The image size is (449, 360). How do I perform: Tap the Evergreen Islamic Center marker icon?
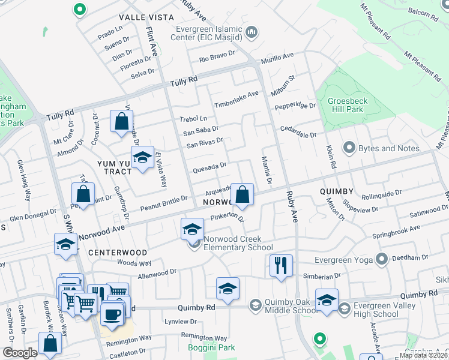[253, 32]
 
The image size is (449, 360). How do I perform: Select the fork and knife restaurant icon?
[281, 264]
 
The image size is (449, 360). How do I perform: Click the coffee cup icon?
[111, 314]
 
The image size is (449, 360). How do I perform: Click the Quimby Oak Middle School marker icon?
[255, 305]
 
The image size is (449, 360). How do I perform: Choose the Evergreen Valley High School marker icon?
[345, 308]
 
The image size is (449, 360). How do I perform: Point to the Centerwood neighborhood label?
[118, 253]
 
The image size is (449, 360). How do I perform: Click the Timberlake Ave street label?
[237, 97]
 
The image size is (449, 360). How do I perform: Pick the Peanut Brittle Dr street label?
[163, 203]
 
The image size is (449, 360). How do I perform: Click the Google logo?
[20, 353]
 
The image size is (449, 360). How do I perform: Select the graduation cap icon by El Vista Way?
[142, 158]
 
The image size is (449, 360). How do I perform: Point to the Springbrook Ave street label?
[398, 230]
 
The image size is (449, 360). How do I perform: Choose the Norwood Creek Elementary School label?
[238, 243]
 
